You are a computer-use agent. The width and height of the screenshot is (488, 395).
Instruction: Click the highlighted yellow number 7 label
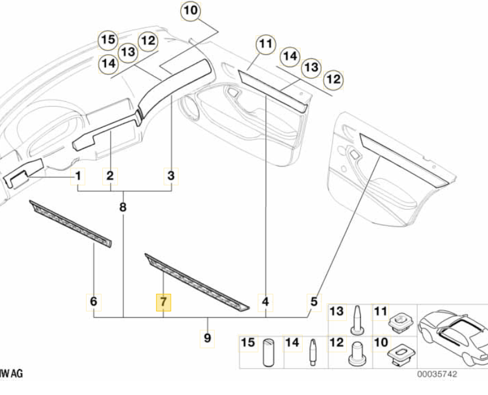click(163, 302)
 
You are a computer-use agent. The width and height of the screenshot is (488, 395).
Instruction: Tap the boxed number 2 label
click(110, 175)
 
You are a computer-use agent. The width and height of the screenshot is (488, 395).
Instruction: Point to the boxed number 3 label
click(171, 175)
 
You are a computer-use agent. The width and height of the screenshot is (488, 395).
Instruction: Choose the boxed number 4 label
click(265, 302)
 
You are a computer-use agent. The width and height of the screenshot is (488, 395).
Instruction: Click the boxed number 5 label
click(314, 301)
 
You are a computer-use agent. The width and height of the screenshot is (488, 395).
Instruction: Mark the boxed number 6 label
click(94, 302)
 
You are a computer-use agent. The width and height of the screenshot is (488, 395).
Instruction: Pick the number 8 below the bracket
click(122, 207)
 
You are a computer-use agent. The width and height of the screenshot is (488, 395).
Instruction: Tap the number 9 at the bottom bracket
click(207, 338)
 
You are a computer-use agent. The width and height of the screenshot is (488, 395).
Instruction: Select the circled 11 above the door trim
click(265, 44)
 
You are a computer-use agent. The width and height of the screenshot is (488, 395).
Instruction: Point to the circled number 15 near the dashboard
click(107, 40)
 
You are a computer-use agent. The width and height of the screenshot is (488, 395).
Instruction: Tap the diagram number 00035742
click(437, 374)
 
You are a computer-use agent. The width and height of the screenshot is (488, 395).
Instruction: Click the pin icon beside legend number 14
click(312, 352)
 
